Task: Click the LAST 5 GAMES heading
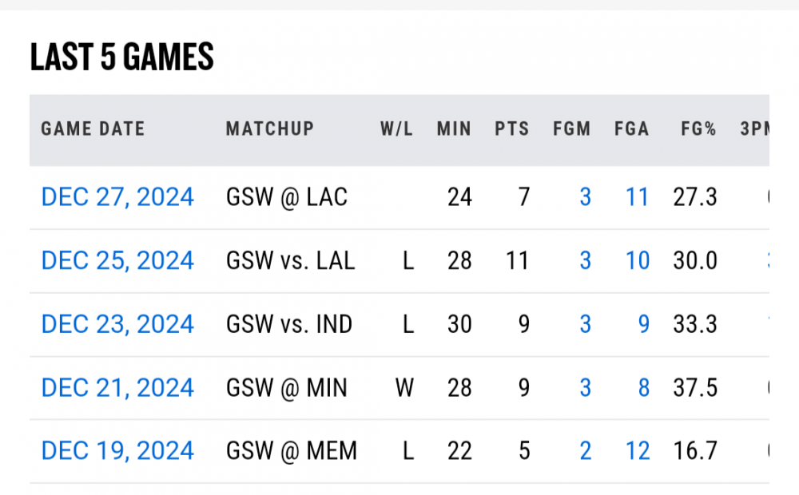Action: pos(121,57)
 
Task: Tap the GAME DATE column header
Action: pos(93,129)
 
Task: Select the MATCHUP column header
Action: pos(270,129)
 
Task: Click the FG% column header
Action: pos(698,129)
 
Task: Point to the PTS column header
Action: pos(511,129)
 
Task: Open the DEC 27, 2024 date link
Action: pos(117,196)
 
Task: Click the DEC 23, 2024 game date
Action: pos(117,324)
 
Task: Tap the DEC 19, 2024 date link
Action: pos(117,451)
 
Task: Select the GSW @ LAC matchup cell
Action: pos(287,196)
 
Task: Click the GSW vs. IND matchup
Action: pos(289,324)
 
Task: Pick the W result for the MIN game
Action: pos(405,388)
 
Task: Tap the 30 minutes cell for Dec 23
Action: pos(459,324)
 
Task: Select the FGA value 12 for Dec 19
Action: pos(637,451)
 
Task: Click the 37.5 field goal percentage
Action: pos(694,388)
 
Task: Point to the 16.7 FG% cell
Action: pos(694,451)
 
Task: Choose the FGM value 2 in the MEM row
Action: pos(585,451)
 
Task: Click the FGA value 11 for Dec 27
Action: pos(637,196)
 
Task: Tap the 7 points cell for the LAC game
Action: pos(523,196)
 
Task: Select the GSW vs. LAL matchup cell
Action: pos(291,260)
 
